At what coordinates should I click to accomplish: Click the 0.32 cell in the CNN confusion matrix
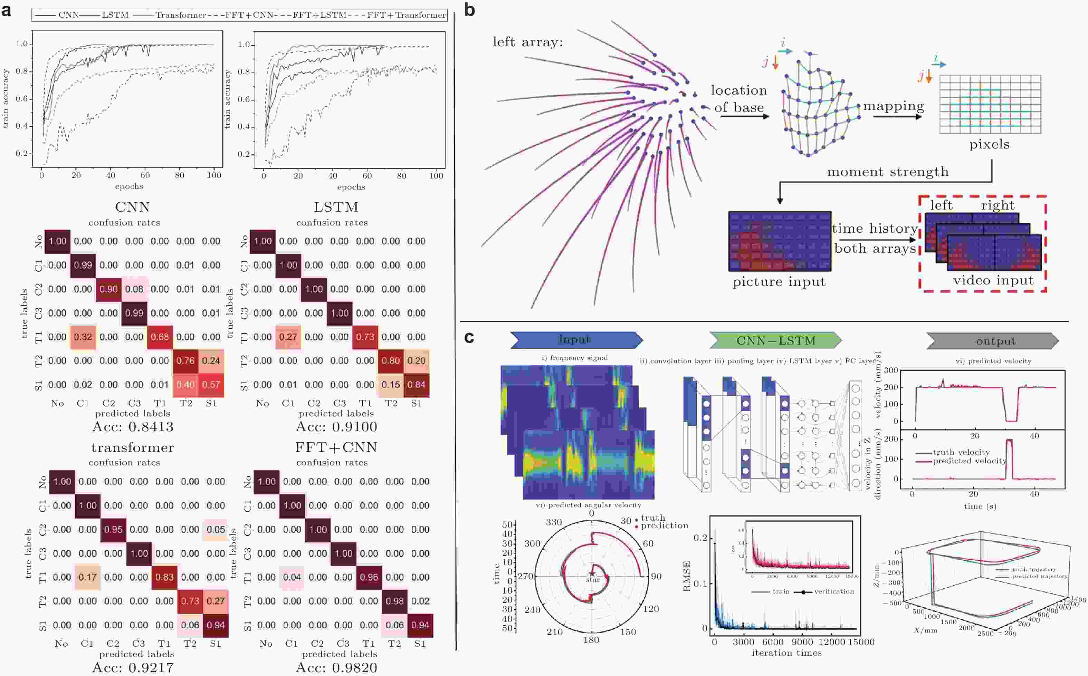pyautogui.click(x=83, y=337)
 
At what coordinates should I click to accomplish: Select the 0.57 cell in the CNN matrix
pyautogui.click(x=211, y=385)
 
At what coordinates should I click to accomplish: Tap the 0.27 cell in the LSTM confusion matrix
pyautogui.click(x=288, y=337)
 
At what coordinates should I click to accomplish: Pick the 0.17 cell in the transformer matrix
pyautogui.click(x=88, y=577)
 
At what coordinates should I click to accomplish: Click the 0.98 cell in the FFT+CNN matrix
pyautogui.click(x=394, y=601)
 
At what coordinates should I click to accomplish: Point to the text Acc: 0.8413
pyautogui.click(x=133, y=427)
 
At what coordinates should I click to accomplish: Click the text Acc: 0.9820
pyautogui.click(x=336, y=667)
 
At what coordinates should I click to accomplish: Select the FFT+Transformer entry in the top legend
pyautogui.click(x=406, y=15)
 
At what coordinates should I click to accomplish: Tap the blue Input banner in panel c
pyautogui.click(x=575, y=340)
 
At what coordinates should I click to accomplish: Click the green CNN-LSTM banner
pyautogui.click(x=775, y=341)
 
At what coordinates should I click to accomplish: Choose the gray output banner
pyautogui.click(x=995, y=341)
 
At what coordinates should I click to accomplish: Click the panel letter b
pyautogui.click(x=469, y=10)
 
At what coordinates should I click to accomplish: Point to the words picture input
pyautogui.click(x=779, y=282)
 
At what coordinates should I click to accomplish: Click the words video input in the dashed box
pyautogui.click(x=993, y=280)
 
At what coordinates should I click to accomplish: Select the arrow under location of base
pyautogui.click(x=745, y=117)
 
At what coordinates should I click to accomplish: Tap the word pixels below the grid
pyautogui.click(x=989, y=144)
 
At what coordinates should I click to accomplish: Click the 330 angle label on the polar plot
pyautogui.click(x=554, y=522)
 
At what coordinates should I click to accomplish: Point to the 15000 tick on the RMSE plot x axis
pyautogui.click(x=861, y=642)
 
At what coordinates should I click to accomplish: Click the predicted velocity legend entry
pyautogui.click(x=969, y=461)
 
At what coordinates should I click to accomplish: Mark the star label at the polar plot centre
pyautogui.click(x=592, y=580)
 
